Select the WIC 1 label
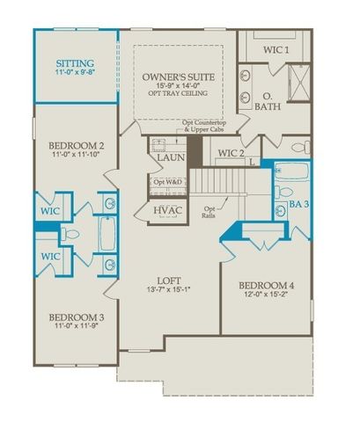[276, 50]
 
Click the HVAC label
[166, 211]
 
